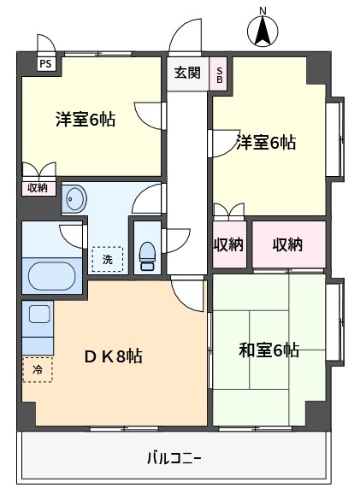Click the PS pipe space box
pos(45,64)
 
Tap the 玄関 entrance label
pos(187,73)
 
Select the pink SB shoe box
pos(219,74)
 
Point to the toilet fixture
pos(147,256)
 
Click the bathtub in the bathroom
pos(51,276)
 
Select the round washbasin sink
pos(75,199)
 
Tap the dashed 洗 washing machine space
pos(107,259)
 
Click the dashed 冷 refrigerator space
pos(38,369)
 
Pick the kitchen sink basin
pos(39,314)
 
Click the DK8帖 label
pos(113,356)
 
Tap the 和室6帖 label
pos(269,350)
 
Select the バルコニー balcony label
pos(174,458)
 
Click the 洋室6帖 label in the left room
pos(86,120)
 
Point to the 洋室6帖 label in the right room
pos(266,142)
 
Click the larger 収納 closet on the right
pos(289,244)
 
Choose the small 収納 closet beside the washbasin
pos(38,188)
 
